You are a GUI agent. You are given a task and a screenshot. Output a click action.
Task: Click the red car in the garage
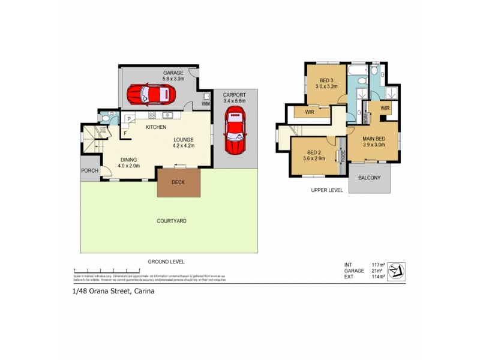click(x=150, y=94)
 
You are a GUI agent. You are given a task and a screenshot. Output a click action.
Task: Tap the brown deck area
click(x=178, y=182)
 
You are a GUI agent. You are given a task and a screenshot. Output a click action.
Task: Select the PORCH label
click(x=89, y=170)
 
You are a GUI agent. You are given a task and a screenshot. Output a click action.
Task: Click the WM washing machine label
click(x=205, y=104)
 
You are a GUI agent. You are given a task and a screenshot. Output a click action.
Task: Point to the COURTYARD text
click(x=172, y=221)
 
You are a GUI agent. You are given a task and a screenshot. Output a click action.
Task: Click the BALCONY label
click(x=368, y=178)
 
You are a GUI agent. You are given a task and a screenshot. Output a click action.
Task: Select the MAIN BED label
click(x=374, y=139)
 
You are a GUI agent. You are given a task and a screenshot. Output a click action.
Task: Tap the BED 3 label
click(x=326, y=80)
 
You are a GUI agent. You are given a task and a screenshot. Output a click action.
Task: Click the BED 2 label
click(x=314, y=152)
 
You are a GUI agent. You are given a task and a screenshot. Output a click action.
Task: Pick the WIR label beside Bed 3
click(x=310, y=111)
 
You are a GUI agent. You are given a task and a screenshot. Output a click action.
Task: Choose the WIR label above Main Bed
click(x=385, y=108)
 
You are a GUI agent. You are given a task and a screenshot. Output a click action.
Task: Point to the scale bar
click(x=149, y=271)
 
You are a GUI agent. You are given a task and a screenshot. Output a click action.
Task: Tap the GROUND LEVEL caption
click(x=166, y=262)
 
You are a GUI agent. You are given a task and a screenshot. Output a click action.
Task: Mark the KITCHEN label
click(x=156, y=127)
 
